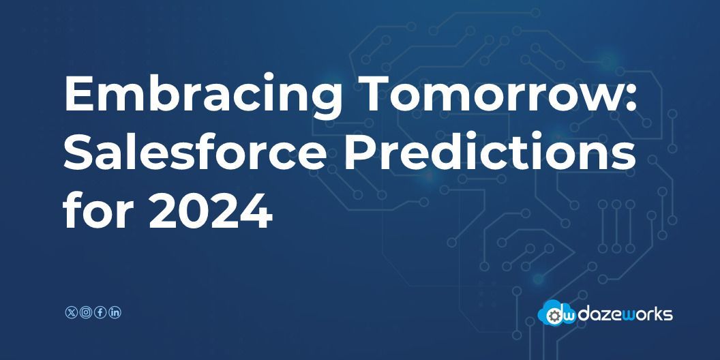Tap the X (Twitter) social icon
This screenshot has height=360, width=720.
point(70,312)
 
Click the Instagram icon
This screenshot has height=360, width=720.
point(85,312)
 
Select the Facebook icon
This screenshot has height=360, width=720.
point(100,312)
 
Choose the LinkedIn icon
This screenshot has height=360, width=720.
point(115,312)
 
